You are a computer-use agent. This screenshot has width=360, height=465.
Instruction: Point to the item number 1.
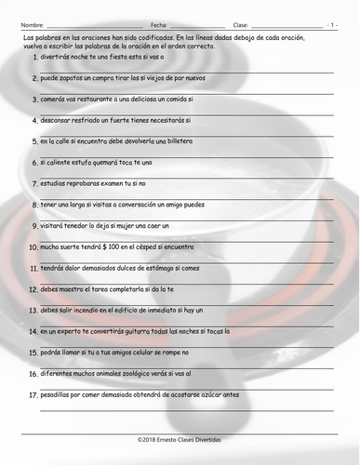(34, 58)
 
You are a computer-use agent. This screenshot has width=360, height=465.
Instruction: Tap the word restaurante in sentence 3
(93, 99)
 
